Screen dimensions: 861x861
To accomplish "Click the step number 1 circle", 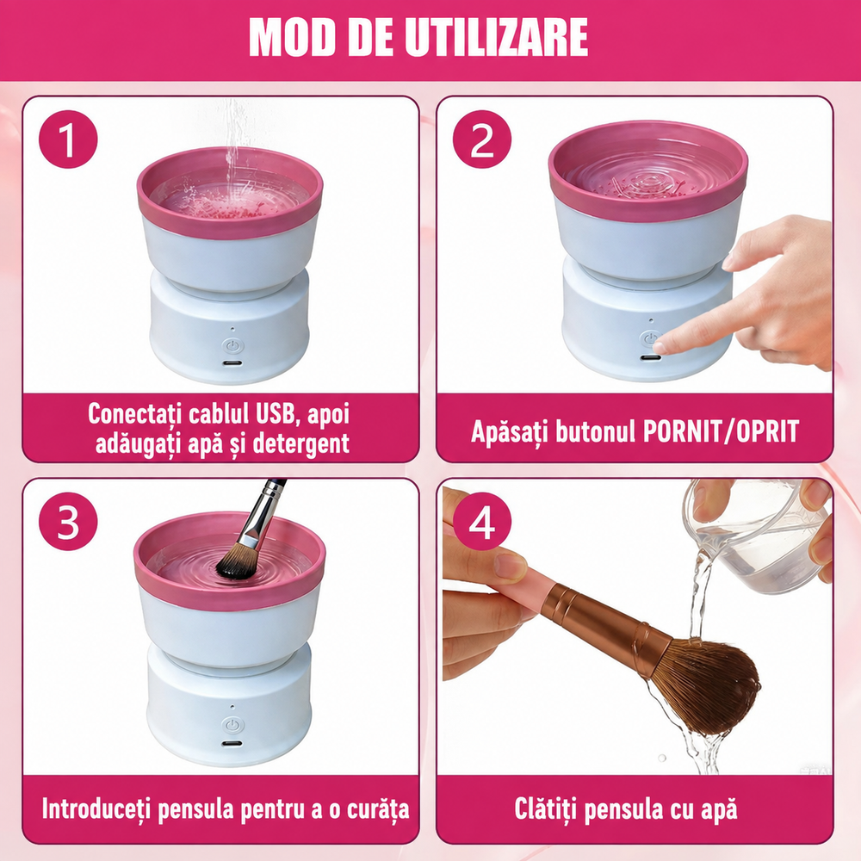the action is click(x=68, y=139).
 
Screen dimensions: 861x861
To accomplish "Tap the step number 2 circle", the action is click(x=481, y=139).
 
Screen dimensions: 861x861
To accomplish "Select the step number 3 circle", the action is click(x=68, y=522).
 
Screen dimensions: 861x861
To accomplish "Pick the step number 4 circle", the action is click(x=481, y=522).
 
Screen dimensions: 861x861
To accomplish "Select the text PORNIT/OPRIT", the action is click(x=721, y=431).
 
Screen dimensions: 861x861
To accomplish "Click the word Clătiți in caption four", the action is click(x=545, y=809).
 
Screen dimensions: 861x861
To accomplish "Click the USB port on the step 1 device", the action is click(x=232, y=363).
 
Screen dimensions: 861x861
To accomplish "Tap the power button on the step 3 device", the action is click(x=232, y=725).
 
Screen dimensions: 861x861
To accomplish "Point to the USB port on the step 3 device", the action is click(x=232, y=745).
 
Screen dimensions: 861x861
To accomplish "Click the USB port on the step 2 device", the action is click(x=650, y=358).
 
